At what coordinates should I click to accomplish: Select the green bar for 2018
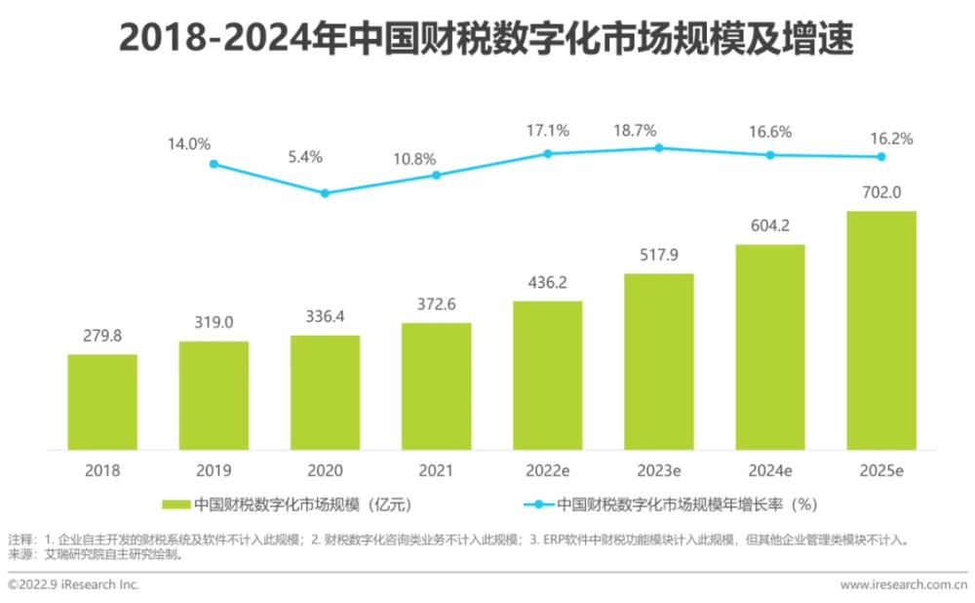(102, 401)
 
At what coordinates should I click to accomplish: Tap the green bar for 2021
(436, 385)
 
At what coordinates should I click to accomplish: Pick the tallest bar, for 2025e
(881, 330)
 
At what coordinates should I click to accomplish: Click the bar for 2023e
(658, 361)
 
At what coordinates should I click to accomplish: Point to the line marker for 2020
(326, 193)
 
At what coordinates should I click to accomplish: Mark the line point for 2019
(214, 164)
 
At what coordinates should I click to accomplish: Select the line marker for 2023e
(658, 147)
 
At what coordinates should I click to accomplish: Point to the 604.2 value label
(770, 226)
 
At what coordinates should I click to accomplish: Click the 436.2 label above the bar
(547, 283)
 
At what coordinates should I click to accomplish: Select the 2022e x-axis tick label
(547, 470)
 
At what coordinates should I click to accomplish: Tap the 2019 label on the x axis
(214, 470)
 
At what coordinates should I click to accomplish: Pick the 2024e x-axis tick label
(770, 470)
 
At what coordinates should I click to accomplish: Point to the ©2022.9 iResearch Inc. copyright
(74, 584)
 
